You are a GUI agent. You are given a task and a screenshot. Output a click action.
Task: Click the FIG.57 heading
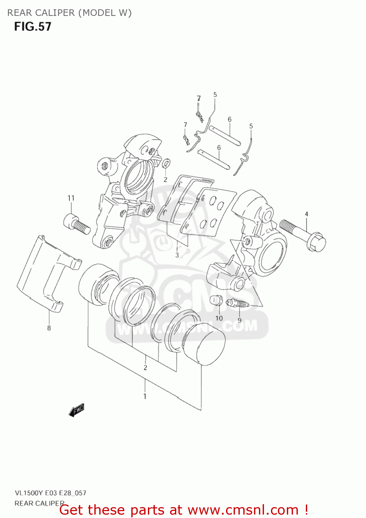click(x=32, y=27)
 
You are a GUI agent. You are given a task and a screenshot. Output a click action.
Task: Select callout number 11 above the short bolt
click(x=71, y=198)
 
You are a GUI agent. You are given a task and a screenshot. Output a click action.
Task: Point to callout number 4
click(x=307, y=214)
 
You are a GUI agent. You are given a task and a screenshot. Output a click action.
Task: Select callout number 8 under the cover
click(x=49, y=328)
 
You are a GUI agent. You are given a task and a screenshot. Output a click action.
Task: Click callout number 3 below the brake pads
click(x=177, y=255)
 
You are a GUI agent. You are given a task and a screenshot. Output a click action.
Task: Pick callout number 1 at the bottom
click(x=145, y=396)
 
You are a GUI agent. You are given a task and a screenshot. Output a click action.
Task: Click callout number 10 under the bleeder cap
click(x=219, y=318)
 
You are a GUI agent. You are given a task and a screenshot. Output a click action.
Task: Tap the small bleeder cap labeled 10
click(x=216, y=300)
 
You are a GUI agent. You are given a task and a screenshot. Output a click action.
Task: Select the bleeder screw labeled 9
click(x=238, y=304)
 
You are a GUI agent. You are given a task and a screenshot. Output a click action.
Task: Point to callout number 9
click(x=240, y=320)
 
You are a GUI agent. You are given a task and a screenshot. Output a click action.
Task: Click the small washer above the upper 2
click(x=166, y=163)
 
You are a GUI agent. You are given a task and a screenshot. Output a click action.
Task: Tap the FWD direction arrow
click(x=76, y=411)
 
